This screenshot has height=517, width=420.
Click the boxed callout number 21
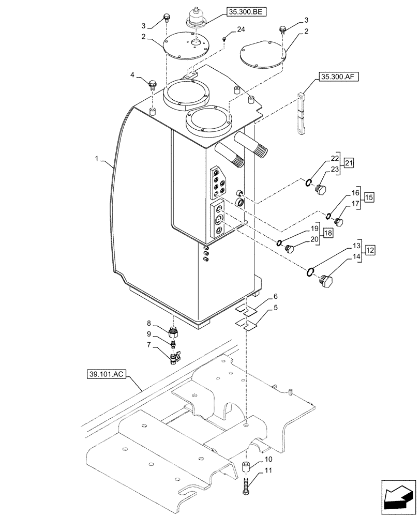[x=349, y=163]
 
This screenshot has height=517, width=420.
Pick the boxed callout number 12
[x=370, y=251]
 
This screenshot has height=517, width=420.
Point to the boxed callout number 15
[x=369, y=197]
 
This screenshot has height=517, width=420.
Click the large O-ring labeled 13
[x=311, y=272]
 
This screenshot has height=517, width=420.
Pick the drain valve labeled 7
[x=174, y=356]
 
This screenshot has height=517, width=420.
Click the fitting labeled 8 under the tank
[x=174, y=330]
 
